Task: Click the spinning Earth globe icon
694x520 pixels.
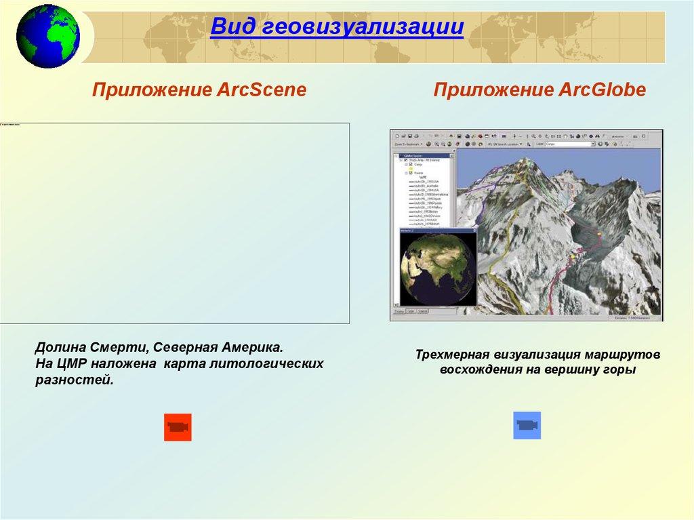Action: point(47,35)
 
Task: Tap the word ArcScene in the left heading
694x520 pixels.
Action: point(262,90)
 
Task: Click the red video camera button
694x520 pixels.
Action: point(178,427)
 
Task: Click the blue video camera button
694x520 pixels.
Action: point(527,425)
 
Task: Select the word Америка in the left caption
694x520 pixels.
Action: point(254,347)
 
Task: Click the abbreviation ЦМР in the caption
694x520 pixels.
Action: point(71,364)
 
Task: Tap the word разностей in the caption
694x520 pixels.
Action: point(73,380)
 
